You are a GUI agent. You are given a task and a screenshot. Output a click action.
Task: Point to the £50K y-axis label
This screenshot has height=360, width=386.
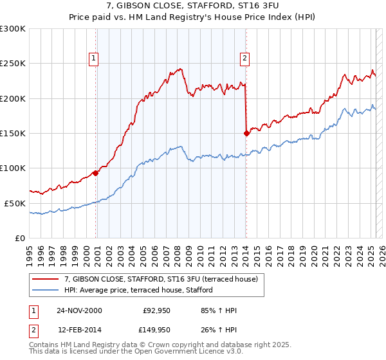(15, 203)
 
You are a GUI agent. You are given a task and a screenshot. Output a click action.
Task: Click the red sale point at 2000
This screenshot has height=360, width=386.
(96, 173)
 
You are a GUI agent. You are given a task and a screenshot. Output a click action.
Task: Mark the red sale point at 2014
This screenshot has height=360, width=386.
(246, 133)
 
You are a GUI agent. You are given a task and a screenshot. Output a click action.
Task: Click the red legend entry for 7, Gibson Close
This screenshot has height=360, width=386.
(161, 279)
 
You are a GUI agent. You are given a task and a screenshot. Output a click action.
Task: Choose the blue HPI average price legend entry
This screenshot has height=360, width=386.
(138, 291)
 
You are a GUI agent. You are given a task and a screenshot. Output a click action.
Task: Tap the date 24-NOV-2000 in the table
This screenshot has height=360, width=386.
(79, 310)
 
